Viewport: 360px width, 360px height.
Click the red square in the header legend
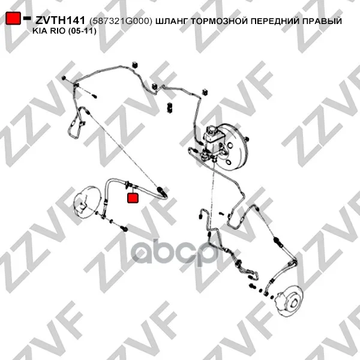(13, 18)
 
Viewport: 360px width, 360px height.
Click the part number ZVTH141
(60, 20)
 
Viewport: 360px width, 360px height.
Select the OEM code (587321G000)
(121, 21)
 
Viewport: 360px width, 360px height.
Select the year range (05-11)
(82, 31)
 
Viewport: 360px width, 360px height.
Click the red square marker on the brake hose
(133, 198)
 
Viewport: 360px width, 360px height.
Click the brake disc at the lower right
(290, 300)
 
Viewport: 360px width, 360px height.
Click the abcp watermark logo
(175, 253)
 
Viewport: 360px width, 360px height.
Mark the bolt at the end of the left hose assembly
(124, 229)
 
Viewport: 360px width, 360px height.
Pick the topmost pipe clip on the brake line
(135, 65)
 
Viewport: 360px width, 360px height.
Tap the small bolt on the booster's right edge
(247, 139)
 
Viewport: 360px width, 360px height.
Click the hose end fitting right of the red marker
(161, 191)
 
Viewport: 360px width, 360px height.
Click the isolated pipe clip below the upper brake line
(170, 107)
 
